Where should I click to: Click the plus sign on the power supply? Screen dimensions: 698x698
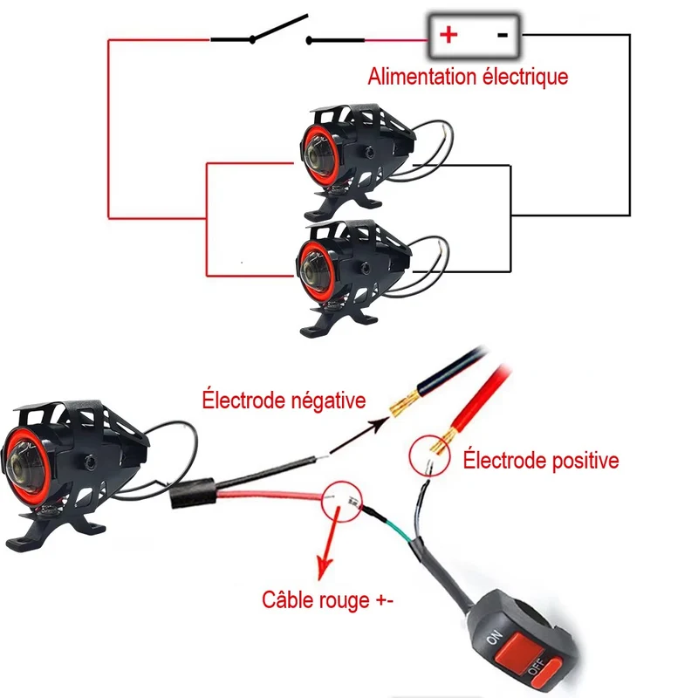[448, 35]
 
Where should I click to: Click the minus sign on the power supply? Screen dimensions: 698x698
[503, 35]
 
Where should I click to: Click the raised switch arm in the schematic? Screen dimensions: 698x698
[280, 29]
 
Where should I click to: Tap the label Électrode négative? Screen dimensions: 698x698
[284, 400]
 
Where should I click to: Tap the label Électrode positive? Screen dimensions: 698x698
[541, 460]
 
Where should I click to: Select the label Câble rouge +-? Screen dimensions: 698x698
[327, 599]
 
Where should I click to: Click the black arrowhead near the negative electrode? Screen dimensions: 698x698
[380, 423]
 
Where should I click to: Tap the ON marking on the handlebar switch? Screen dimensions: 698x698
[494, 638]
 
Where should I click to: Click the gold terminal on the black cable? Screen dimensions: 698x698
[404, 403]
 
